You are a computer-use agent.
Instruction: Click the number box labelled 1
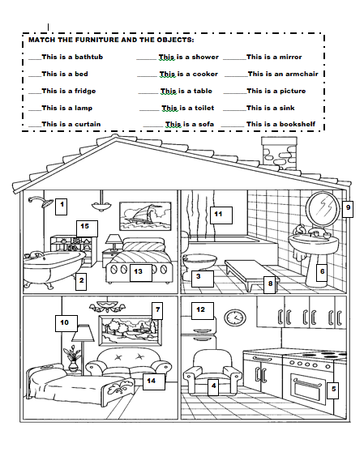tap(62, 205)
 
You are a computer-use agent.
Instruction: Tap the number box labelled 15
tap(86, 228)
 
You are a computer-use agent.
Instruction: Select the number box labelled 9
tap(348, 209)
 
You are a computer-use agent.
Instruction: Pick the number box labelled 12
tap(201, 310)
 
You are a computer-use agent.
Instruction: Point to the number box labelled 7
tap(156, 309)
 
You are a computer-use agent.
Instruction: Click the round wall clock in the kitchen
tap(235, 317)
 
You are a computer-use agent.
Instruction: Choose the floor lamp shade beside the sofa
tap(82, 333)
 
